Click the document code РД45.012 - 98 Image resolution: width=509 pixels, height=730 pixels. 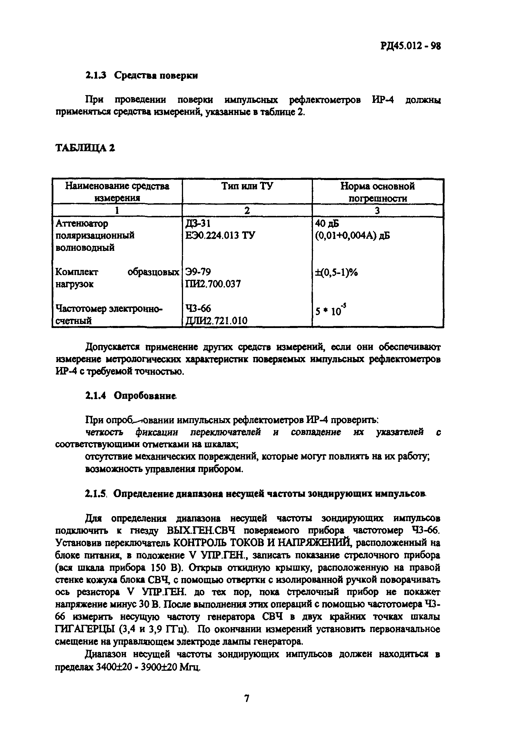click(410, 47)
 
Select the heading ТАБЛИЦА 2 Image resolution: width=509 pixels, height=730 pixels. click(85, 148)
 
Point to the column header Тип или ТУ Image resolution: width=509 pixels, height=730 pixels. click(247, 186)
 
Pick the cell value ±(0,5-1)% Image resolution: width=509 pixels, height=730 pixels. click(336, 272)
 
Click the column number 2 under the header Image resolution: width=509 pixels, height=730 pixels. click(247, 210)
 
